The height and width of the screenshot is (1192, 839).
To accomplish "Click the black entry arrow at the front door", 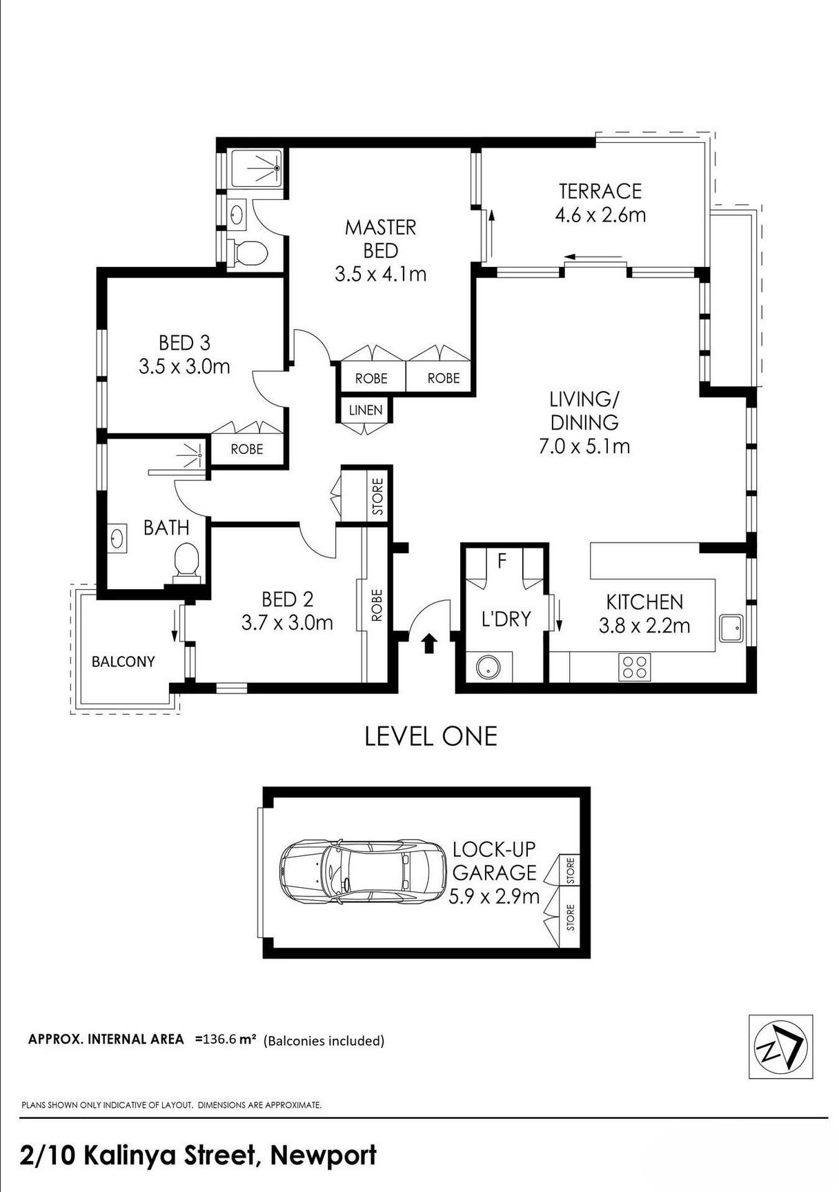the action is coord(429,643).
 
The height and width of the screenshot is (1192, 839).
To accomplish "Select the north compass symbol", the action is coord(780,1046).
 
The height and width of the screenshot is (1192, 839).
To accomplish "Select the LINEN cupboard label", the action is coord(365,410).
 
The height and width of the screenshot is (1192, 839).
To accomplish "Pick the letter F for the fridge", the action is coord(502,561).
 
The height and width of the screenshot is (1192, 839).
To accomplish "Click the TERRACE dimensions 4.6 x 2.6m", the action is coord(600,215).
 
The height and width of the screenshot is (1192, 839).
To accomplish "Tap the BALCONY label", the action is coord(124,662).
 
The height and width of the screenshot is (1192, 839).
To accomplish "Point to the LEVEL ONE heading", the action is coord(431,736).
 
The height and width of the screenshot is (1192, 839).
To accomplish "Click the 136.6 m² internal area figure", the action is coord(226,1039).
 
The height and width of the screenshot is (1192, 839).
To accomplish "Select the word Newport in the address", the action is coord(323,1155).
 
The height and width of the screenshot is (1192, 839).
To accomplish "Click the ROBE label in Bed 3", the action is coord(247,449).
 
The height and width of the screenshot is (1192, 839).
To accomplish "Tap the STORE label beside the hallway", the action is coord(377,497).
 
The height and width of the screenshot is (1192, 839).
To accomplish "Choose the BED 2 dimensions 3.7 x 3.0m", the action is coord(287,623).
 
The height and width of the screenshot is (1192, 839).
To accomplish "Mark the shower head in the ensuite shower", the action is coord(277,168).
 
